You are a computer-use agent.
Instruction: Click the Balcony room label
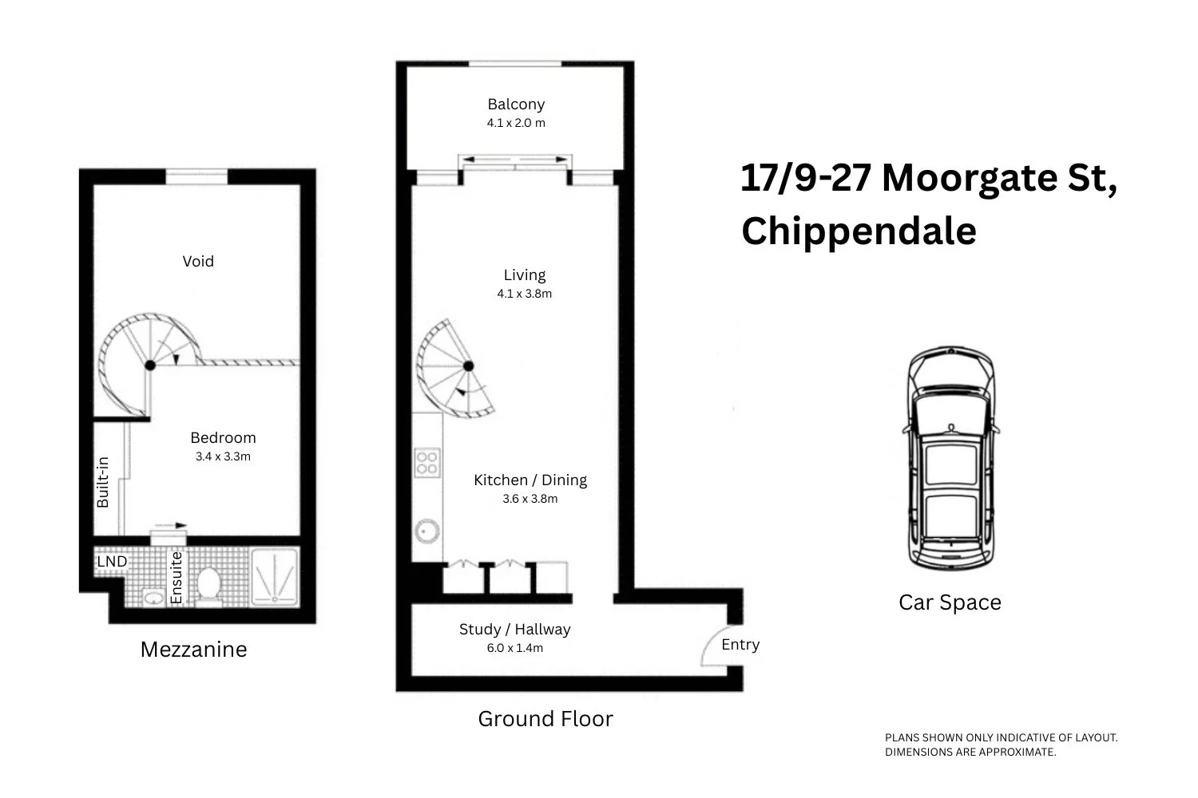tap(516, 105)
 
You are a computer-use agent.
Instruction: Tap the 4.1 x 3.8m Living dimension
tap(524, 294)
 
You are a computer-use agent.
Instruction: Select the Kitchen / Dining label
tap(530, 480)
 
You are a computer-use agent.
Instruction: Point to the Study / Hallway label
tap(514, 630)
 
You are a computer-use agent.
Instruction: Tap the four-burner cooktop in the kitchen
tap(426, 463)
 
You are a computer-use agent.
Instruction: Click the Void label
tap(198, 262)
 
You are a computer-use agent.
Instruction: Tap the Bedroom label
tap(223, 438)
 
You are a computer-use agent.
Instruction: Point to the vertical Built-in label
tap(103, 482)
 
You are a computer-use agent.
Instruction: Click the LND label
tap(112, 562)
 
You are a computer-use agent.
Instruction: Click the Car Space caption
tap(950, 602)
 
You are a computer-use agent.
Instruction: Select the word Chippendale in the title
tap(859, 231)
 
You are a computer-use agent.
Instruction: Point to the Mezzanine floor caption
tap(193, 650)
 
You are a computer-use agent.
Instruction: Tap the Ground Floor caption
tap(545, 719)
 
